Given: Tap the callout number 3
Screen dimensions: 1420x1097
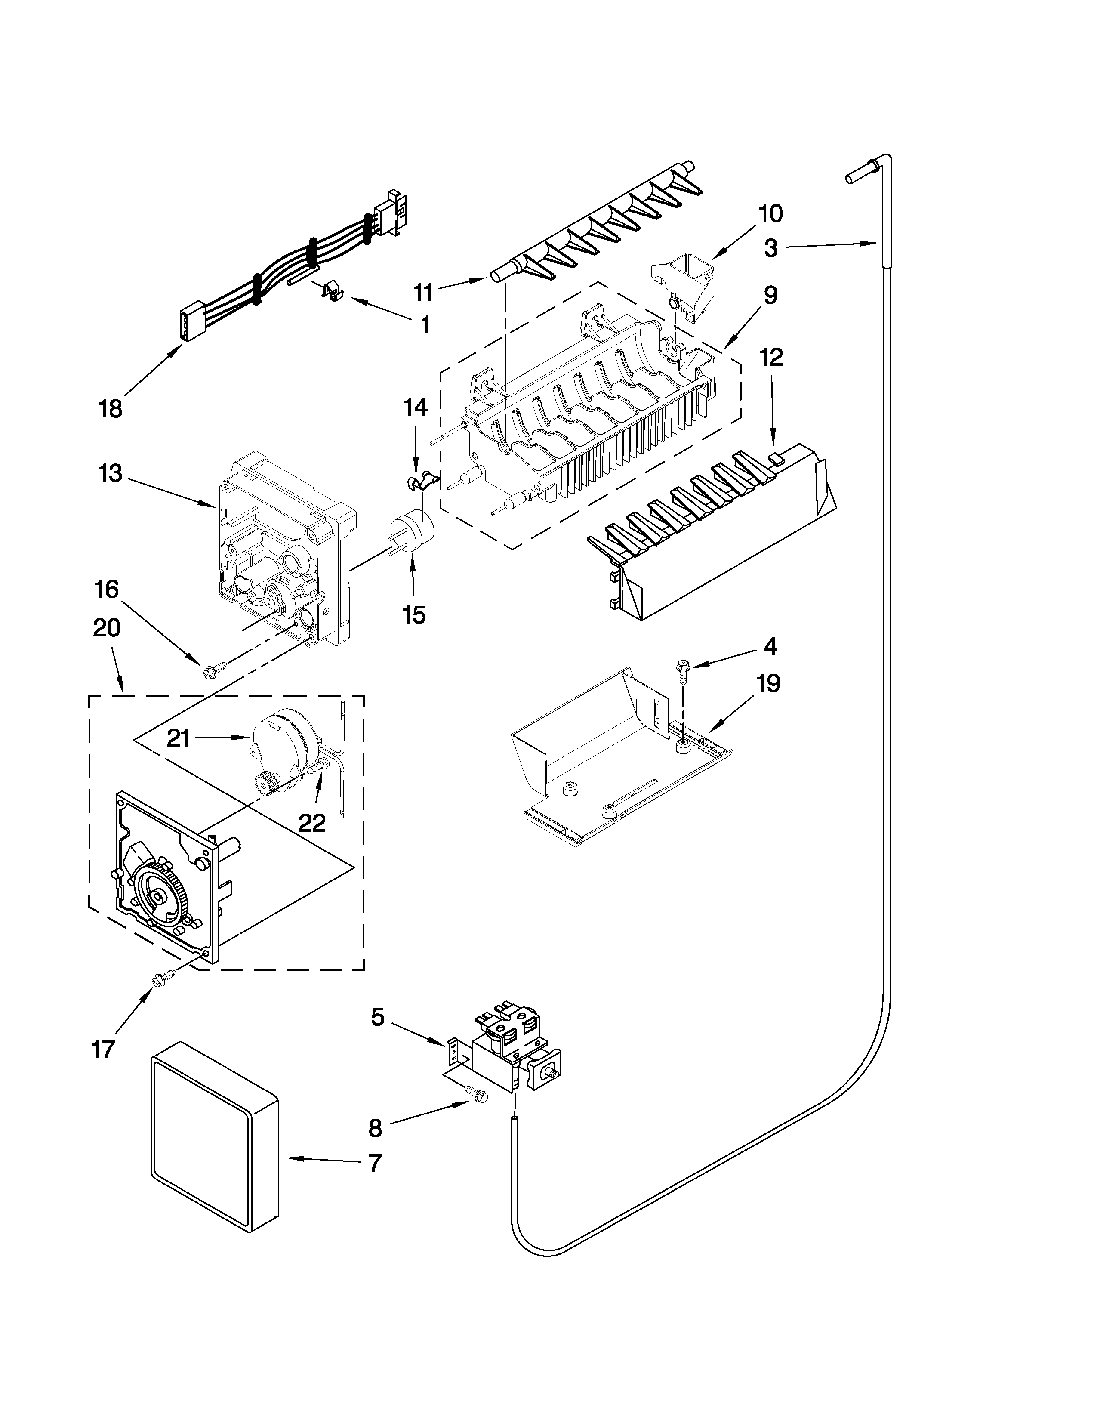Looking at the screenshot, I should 771,248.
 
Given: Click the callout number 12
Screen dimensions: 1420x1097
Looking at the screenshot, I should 771,357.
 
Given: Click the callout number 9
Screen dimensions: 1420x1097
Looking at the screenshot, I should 770,296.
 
